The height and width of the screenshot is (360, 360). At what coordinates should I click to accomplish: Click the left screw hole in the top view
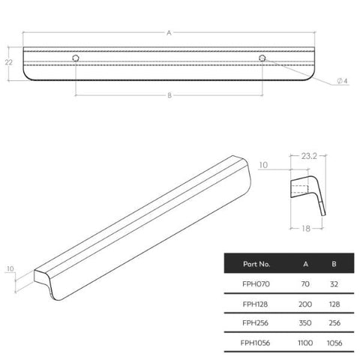click(x=76, y=58)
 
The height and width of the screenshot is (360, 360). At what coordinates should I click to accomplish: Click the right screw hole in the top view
click(x=262, y=58)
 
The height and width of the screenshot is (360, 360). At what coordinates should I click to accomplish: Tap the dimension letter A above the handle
click(x=169, y=33)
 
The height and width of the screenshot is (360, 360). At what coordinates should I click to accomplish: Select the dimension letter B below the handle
click(x=169, y=95)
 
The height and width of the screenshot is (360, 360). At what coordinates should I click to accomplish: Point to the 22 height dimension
click(x=9, y=62)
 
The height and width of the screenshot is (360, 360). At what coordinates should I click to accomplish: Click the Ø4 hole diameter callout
click(x=342, y=81)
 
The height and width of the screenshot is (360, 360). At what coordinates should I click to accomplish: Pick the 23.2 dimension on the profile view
click(x=309, y=156)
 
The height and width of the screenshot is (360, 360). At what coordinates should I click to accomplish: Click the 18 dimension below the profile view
click(x=306, y=229)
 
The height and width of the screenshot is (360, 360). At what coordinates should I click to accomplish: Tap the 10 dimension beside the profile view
click(x=263, y=165)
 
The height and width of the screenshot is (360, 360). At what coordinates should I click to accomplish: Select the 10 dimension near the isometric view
click(x=10, y=268)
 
